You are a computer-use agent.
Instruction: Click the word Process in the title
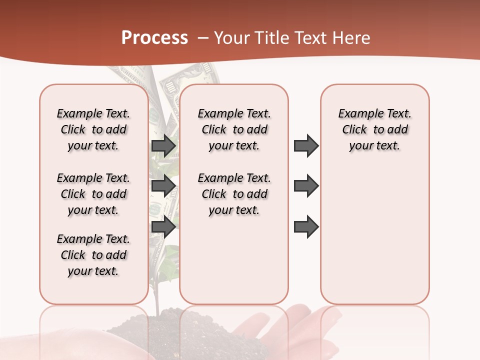[154, 37]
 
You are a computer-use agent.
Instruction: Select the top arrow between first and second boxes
[163, 145]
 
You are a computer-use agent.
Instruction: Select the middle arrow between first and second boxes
[163, 186]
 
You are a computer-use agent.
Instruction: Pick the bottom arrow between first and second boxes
[163, 227]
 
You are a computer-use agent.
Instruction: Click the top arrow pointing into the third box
[306, 145]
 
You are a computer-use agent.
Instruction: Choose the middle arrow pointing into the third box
[306, 186]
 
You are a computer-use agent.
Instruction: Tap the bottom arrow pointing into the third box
[306, 227]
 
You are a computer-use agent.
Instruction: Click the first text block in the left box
[93, 129]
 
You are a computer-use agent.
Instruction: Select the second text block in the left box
[93, 194]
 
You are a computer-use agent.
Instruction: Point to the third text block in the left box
[93, 255]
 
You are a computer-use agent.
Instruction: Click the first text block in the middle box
[234, 129]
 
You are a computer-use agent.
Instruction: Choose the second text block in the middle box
[234, 194]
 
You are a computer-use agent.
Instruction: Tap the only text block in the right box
[375, 129]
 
